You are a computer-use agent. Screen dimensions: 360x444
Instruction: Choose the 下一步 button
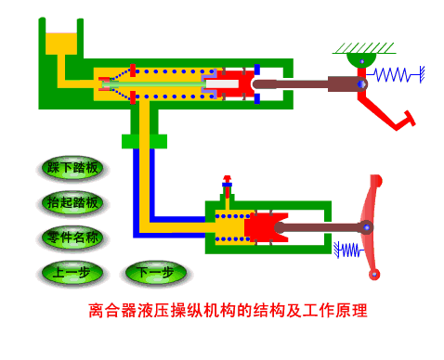155,273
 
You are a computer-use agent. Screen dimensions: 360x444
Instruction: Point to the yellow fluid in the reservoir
62,44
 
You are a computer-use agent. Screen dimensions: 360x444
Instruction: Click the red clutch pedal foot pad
406,117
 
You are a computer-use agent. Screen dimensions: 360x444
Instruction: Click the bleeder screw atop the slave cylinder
226,186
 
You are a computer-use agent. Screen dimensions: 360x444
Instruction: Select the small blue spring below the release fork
349,250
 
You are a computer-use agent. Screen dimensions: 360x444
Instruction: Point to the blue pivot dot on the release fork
367,226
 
